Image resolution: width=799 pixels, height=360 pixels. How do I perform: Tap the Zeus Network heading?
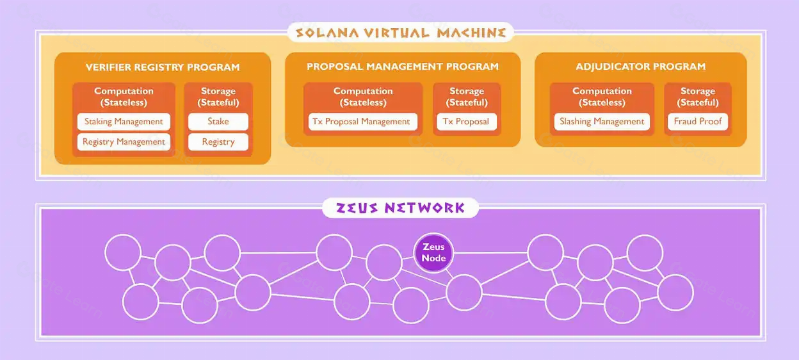[x=399, y=208]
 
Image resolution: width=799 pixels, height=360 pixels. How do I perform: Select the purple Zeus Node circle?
[x=433, y=252]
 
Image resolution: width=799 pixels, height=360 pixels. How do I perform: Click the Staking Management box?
[x=124, y=122]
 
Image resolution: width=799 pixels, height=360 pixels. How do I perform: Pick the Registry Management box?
[x=124, y=142]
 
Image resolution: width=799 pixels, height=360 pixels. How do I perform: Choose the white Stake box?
[x=218, y=122]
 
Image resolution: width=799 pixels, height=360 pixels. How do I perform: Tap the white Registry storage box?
[x=218, y=142]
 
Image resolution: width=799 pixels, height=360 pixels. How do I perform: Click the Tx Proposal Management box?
[x=362, y=122]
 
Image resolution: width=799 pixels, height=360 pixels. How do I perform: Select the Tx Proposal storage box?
[x=466, y=122]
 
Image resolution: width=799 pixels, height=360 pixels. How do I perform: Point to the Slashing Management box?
[x=602, y=122]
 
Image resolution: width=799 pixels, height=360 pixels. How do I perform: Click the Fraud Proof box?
[x=697, y=122]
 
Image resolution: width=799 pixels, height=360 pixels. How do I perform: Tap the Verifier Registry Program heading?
[x=163, y=67]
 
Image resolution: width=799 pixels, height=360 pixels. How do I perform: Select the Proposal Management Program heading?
[x=402, y=67]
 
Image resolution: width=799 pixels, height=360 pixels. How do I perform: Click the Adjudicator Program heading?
[x=640, y=67]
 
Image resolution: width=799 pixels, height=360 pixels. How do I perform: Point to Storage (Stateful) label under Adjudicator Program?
[x=697, y=97]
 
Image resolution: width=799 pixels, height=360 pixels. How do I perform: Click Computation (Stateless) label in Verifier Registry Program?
[x=124, y=97]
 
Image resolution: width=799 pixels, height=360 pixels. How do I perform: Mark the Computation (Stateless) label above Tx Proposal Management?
[x=362, y=97]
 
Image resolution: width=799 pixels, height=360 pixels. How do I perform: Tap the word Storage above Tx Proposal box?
[x=466, y=91]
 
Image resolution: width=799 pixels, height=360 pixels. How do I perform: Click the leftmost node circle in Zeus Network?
[x=122, y=252]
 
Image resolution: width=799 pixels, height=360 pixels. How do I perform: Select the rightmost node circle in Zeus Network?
[x=675, y=292]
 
